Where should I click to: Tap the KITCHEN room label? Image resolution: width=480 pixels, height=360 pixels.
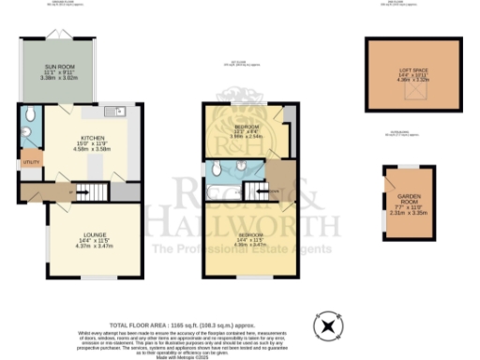(x=91, y=137)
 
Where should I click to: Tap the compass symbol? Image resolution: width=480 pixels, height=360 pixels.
(x=328, y=327)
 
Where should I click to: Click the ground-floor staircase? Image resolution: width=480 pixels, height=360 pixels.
(x=93, y=191)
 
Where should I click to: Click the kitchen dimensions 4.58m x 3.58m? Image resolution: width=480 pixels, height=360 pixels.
(x=90, y=149)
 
